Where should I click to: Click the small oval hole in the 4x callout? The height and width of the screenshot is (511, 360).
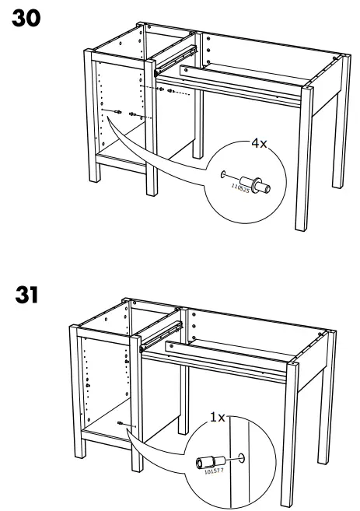[224, 175]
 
